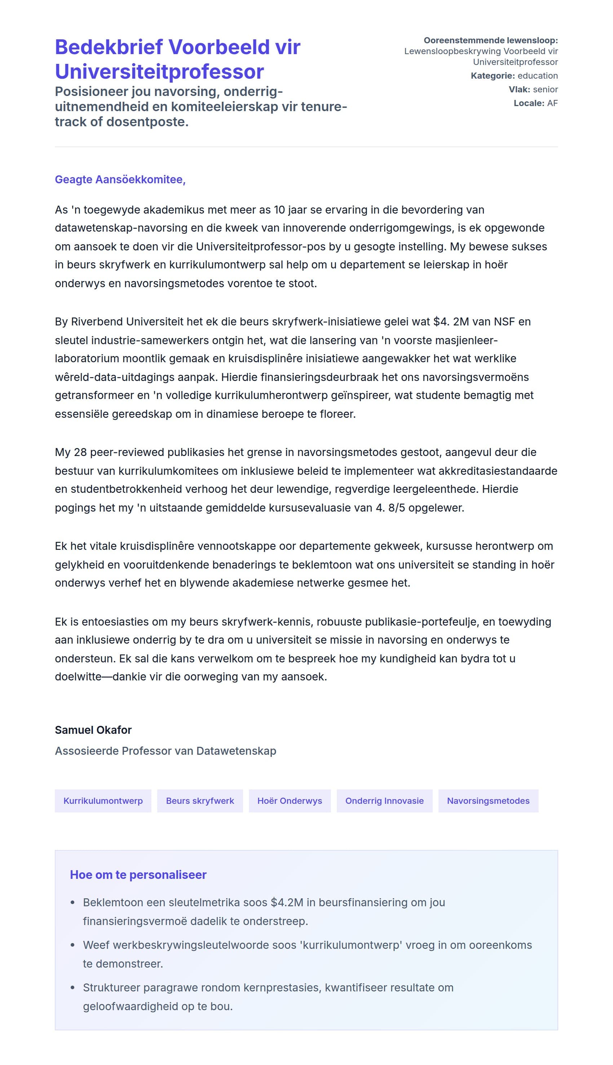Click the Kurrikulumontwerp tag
coord(103,801)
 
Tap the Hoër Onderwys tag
coord(289,801)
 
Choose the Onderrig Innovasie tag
coord(384,801)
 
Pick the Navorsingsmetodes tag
coord(488,801)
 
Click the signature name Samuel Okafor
coord(93,730)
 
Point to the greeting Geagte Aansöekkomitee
coord(120,179)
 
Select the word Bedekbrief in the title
coord(109,47)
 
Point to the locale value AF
coord(552,103)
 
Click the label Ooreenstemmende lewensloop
coord(490,40)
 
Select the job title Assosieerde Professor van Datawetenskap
coord(166,751)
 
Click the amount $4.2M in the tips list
coord(287,902)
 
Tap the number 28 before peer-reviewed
coord(80,452)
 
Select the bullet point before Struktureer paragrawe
coord(72,987)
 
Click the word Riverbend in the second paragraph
coord(97,322)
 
